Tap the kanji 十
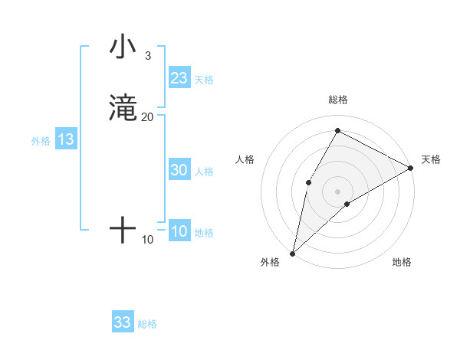point(123,230)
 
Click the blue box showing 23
point(179,78)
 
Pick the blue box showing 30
point(179,171)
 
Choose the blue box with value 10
point(179,232)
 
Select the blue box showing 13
point(66,140)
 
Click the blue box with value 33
point(123,322)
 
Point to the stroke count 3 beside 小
point(147,56)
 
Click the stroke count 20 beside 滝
point(147,116)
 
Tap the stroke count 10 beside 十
point(147,240)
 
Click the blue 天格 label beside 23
point(204,80)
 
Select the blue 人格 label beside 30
point(204,172)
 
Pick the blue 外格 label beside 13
point(41,141)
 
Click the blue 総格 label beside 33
point(147,324)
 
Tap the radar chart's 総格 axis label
point(337,100)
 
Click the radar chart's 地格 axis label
point(402,262)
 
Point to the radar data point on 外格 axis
point(292,253)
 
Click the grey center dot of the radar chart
point(337,191)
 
